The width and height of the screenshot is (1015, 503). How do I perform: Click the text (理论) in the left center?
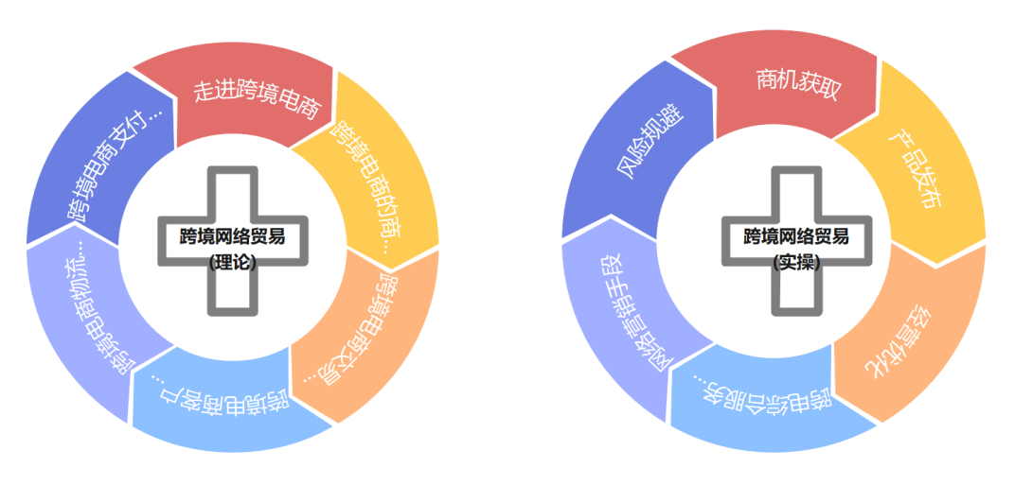tap(233, 263)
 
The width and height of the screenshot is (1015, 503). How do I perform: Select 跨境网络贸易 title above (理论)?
tap(233, 236)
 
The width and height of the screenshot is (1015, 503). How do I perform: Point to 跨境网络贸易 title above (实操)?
tap(796, 236)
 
